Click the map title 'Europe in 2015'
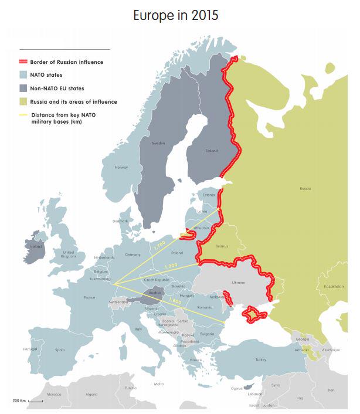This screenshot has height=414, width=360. point(175,16)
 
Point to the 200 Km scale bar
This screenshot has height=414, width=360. point(35,401)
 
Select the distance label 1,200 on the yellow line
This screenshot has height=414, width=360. point(171,267)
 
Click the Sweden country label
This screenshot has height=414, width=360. point(158,143)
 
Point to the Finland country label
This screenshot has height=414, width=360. point(211,151)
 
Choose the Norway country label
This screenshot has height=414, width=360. point(121,168)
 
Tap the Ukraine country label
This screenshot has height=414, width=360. point(239,283)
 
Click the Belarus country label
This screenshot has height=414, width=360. point(222,247)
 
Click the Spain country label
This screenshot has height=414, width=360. point(59,350)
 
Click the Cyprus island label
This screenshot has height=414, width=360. point(237,388)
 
